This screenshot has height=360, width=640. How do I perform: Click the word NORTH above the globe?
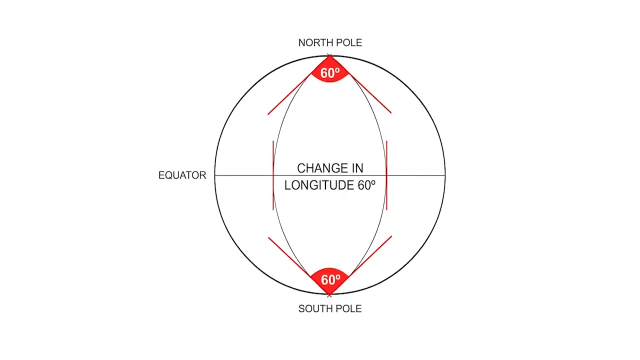coord(314,43)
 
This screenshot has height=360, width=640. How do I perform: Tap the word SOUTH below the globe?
coord(314,308)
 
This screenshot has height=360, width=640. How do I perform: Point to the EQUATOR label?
coord(182,175)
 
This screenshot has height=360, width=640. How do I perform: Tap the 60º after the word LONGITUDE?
coord(366,185)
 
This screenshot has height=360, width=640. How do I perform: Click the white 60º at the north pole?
coord(330,73)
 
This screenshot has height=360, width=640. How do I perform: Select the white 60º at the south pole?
coord(330,279)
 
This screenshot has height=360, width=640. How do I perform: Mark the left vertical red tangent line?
coord(273,175)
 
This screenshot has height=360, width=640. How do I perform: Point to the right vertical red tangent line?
coord(387,175)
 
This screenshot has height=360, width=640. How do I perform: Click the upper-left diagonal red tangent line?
coord(289,94)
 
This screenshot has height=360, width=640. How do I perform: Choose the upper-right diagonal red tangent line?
coord(370,93)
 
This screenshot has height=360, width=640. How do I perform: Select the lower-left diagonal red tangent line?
coord(289,257)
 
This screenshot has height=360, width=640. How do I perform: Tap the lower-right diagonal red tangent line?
coord(370,256)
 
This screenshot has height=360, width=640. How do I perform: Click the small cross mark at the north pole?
coord(329,55)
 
